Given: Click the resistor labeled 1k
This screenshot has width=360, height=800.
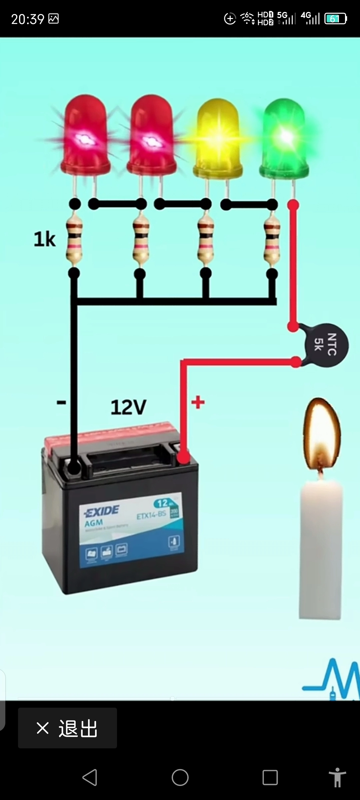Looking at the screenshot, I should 74,239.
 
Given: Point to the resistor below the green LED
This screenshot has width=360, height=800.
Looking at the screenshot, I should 272,239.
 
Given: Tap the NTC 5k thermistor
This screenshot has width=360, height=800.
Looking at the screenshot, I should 326,345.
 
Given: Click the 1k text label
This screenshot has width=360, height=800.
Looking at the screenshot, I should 44,239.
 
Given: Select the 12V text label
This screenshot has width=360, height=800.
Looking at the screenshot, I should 128,407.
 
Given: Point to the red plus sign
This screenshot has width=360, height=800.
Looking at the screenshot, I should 198,402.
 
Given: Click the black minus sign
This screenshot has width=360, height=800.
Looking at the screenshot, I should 61,403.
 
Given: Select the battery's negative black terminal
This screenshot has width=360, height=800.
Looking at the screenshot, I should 74,467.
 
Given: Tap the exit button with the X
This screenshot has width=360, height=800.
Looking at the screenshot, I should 67,728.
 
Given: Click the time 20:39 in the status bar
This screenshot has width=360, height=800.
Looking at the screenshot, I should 28,19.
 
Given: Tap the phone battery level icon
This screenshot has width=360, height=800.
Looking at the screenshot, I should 335,19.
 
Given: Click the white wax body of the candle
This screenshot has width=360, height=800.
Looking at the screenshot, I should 321,550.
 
